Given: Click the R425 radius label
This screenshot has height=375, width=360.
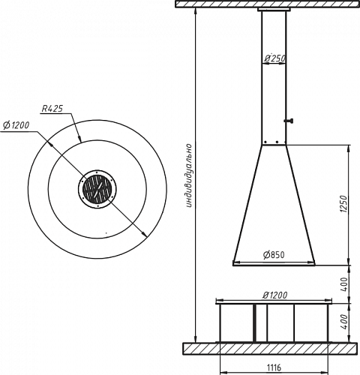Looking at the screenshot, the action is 52,109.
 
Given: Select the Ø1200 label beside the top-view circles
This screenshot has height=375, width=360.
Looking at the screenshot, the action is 16,125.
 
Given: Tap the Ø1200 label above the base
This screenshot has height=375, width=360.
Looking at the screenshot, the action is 275,295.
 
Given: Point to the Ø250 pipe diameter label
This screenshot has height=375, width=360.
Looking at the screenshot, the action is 275,58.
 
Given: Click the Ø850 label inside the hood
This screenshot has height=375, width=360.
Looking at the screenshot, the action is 274,255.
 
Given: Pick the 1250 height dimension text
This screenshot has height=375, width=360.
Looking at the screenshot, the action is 344,204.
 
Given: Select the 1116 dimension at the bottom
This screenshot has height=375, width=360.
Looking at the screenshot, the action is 274,367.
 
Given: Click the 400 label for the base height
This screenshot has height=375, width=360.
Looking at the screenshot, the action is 344,322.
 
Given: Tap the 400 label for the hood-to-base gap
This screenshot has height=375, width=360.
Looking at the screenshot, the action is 344,284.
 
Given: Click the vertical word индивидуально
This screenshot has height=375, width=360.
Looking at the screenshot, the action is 189,175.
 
